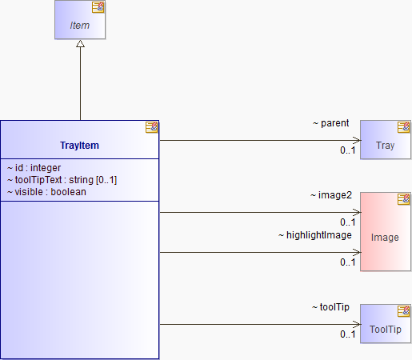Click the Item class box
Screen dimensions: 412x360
80,20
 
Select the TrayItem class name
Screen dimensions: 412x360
79,146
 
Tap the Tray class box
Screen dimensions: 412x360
386,140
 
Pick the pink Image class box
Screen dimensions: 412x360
386,231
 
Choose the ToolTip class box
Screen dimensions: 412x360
386,323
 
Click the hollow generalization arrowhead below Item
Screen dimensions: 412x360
80,44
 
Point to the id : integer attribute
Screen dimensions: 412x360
34,168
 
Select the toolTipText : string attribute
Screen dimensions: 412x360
62,180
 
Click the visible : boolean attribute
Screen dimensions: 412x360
46,192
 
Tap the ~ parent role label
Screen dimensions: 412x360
330,123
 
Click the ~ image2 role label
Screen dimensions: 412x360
331,195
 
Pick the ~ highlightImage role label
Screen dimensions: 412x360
315,235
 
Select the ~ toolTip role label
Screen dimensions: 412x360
330,307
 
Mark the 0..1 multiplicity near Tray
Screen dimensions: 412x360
348,150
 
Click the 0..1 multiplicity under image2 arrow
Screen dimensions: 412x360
348,222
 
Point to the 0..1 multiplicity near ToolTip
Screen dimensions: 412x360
348,334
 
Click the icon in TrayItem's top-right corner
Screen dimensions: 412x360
151,127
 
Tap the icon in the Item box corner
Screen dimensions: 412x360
98,7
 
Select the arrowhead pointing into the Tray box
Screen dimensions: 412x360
357,140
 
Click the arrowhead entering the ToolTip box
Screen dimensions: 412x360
357,324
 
